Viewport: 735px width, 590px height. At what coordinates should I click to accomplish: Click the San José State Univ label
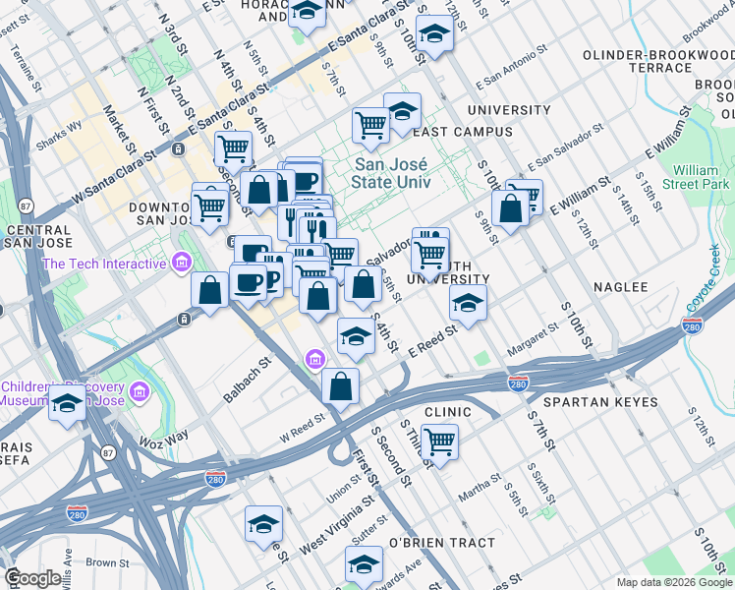[x=403, y=174]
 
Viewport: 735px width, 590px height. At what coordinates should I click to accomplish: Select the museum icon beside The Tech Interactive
[x=180, y=263]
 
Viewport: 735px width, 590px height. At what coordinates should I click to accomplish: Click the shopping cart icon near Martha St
[x=439, y=441]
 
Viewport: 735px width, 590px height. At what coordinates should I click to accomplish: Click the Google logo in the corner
[x=32, y=578]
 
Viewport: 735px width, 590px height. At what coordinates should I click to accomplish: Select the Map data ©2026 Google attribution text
[x=673, y=581]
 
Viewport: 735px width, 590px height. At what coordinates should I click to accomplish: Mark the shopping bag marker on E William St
[x=511, y=208]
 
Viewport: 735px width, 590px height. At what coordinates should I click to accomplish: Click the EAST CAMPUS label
[x=463, y=132]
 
